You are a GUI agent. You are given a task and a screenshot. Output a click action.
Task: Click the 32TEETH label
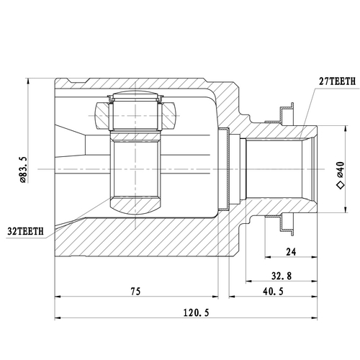[x=24, y=231]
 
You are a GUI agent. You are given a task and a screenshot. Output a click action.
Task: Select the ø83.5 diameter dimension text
[x=24, y=171]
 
